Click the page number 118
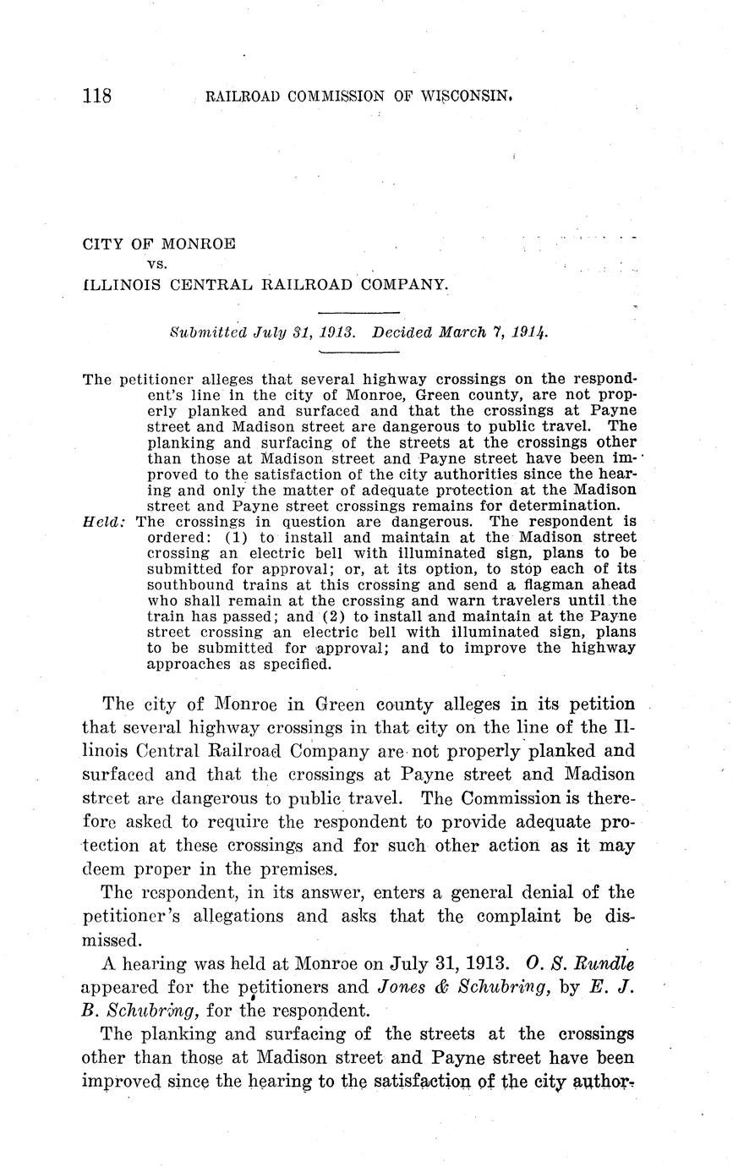(97, 95)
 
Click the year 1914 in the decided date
(529, 332)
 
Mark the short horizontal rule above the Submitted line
(351, 313)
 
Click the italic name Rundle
(601, 962)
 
